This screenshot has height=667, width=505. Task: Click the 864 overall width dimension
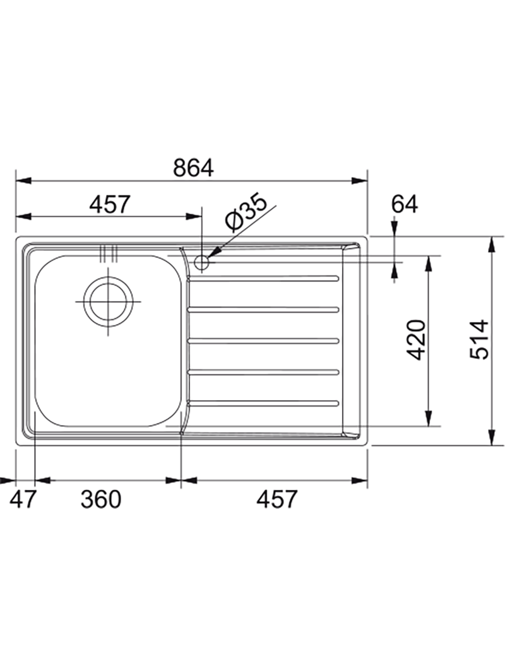(x=193, y=168)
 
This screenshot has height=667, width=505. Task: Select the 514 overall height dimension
(x=479, y=339)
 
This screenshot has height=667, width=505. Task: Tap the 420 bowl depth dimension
(x=416, y=339)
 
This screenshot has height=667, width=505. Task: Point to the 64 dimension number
(x=405, y=204)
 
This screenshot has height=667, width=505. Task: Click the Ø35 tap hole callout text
(x=246, y=211)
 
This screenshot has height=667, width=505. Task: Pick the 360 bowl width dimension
(x=101, y=499)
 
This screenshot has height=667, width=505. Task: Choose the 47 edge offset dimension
(x=21, y=499)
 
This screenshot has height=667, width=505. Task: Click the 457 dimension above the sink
(x=109, y=205)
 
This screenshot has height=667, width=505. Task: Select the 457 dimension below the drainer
(x=276, y=499)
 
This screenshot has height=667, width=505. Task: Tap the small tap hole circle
(x=201, y=263)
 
